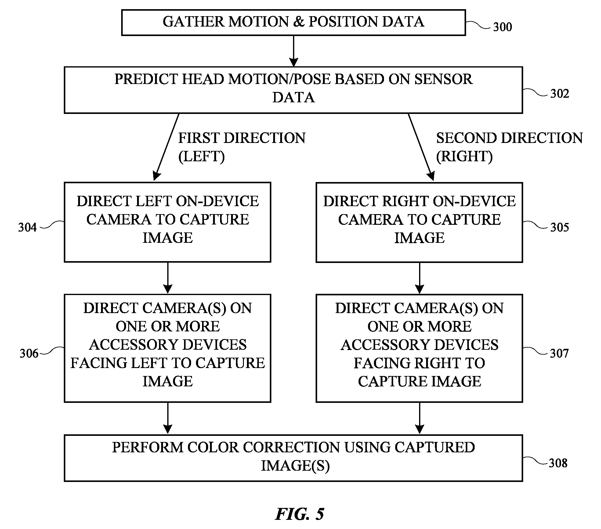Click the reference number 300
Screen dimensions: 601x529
point(502,27)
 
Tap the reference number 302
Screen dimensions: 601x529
point(559,93)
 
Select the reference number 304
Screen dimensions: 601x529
point(27,227)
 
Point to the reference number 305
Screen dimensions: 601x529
point(559,227)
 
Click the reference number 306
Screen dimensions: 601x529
point(29,353)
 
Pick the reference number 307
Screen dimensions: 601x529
point(559,353)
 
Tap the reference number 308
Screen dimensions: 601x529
point(558,463)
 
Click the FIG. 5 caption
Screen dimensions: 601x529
point(299,514)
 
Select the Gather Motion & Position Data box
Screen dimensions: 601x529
point(293,23)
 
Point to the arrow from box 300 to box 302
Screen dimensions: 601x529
point(293,51)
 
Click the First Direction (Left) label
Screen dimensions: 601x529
point(242,147)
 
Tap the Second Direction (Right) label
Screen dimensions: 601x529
point(509,147)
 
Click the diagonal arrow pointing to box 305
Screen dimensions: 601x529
point(421,147)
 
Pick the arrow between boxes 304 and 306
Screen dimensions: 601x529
point(168,278)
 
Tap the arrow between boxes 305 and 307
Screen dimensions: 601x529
point(419,278)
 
